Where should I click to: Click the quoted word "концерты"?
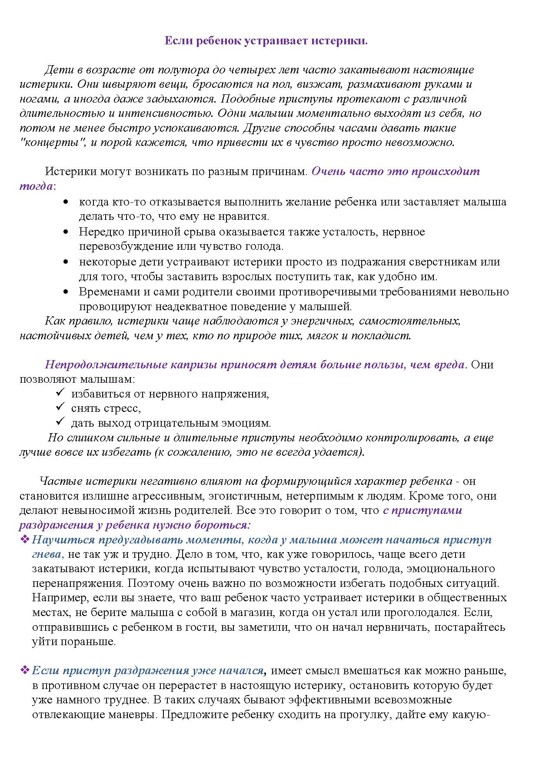53,142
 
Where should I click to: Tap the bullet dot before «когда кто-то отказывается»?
66,202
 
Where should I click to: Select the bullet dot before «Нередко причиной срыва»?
66,232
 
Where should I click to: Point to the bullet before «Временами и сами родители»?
66,292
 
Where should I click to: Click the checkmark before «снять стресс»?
60,408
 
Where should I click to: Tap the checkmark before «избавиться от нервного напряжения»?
60,393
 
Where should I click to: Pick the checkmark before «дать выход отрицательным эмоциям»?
60,422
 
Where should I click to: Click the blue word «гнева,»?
48,554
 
